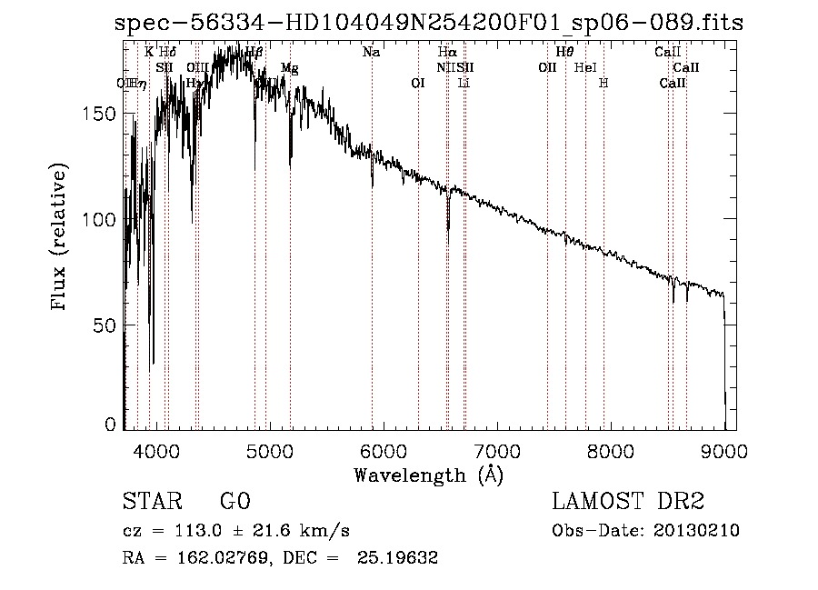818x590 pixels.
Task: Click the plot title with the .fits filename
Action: pyautogui.click(x=430, y=24)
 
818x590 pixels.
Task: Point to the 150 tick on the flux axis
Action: pyautogui.click(x=107, y=114)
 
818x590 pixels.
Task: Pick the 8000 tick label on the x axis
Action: pyautogui.click(x=611, y=450)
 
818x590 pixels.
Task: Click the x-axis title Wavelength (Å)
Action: pyautogui.click(x=428, y=475)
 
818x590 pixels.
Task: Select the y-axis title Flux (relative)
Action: pyautogui.click(x=61, y=239)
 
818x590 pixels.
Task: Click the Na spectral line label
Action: pyautogui.click(x=371, y=53)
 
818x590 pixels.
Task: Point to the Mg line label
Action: pyautogui.click(x=289, y=68)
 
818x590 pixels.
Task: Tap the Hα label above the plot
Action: pyautogui.click(x=446, y=53)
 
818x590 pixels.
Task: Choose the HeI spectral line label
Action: pyautogui.click(x=586, y=68)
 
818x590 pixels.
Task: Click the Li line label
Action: pyautogui.click(x=464, y=83)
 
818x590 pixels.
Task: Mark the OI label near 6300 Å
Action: pyautogui.click(x=418, y=83)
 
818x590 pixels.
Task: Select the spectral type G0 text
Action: pyautogui.click(x=234, y=502)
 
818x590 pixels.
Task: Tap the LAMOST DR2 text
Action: pyautogui.click(x=628, y=502)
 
